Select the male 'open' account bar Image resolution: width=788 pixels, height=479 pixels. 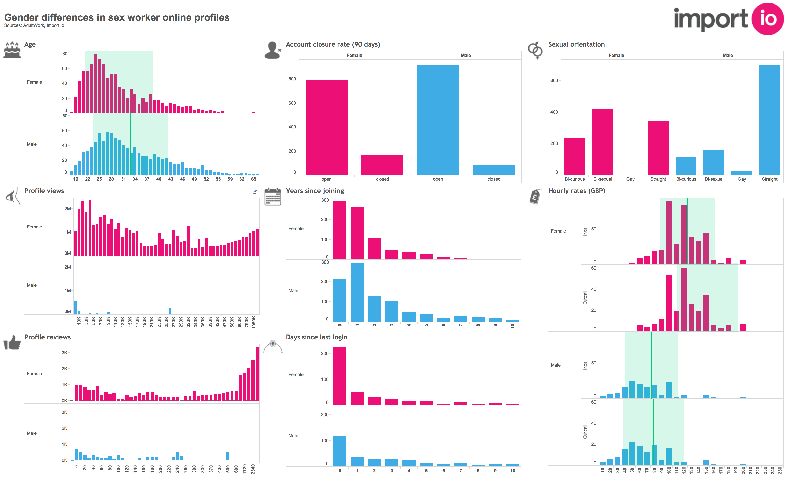[438, 120]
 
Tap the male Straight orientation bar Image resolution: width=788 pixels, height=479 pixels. [769, 120]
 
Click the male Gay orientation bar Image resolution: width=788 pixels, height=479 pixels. [742, 173]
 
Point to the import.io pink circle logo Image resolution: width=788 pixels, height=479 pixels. [767, 19]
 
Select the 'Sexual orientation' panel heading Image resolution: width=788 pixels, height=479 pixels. [576, 44]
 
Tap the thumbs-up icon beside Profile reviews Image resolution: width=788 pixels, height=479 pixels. [12, 342]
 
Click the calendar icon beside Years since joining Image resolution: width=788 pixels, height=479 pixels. [272, 197]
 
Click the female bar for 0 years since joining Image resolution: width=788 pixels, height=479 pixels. [340, 230]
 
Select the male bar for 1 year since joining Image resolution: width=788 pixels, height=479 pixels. [357, 292]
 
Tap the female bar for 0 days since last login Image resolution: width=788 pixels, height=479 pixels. [340, 376]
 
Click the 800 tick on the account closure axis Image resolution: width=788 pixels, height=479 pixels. [292, 79]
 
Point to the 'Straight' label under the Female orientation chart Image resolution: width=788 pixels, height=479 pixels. [658, 179]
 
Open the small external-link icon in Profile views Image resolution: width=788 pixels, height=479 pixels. [255, 192]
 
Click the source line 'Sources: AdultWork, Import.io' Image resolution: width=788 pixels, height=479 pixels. [34, 25]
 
